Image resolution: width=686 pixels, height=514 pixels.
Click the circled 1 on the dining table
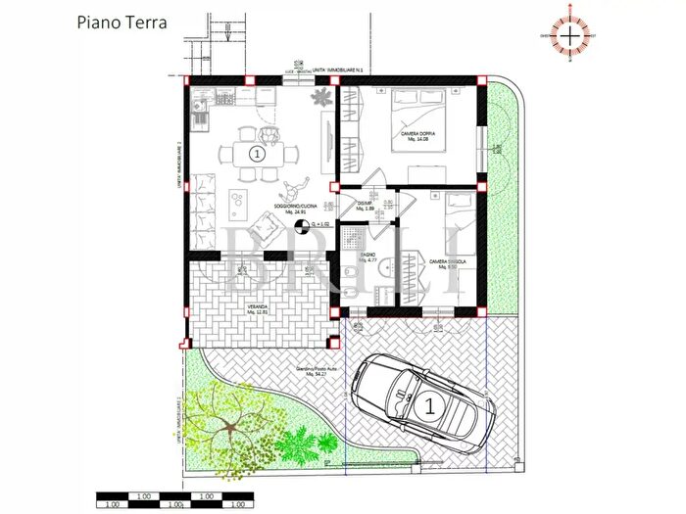tap(257, 154)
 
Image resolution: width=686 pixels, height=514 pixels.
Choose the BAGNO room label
tap(367, 258)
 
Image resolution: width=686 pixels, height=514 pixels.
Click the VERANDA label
tap(258, 309)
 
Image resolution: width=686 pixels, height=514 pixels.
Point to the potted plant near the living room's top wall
tap(320, 97)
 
